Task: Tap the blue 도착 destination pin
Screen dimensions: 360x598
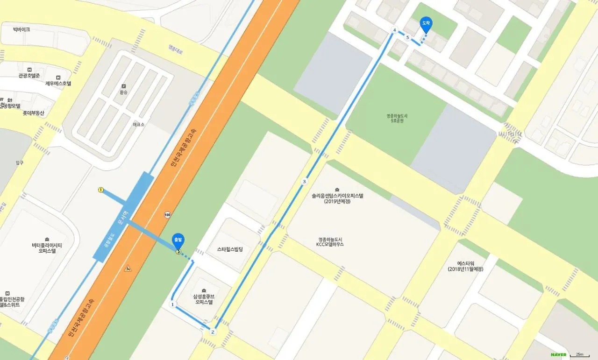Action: (426, 24)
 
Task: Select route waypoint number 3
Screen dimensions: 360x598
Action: (305, 182)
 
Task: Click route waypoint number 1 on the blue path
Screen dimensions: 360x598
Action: (172, 305)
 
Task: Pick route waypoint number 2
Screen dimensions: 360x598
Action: (213, 332)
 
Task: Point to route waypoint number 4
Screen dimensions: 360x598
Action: (394, 30)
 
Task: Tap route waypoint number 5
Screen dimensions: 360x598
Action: (407, 37)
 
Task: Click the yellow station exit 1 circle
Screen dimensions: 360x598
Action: (100, 190)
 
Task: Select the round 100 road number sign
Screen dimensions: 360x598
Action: (167, 215)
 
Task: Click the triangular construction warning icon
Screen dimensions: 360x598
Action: (128, 268)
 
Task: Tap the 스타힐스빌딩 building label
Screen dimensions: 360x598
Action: (230, 249)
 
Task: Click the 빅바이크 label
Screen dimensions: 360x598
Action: (21, 29)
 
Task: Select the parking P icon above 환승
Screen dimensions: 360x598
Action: (123, 86)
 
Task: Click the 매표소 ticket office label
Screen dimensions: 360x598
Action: (138, 125)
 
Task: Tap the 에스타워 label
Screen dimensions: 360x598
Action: (465, 266)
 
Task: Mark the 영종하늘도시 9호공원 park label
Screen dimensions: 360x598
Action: (397, 119)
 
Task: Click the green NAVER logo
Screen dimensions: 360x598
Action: (558, 354)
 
